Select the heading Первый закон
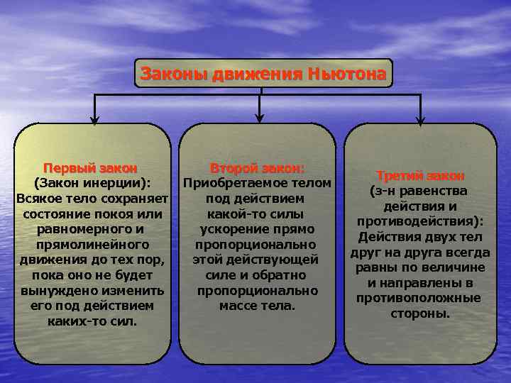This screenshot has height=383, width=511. [x=90, y=168]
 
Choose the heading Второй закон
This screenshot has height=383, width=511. [x=257, y=168]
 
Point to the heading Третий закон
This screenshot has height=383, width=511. [x=420, y=175]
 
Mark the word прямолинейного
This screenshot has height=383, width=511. [x=90, y=244]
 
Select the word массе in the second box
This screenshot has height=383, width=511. [x=240, y=306]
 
